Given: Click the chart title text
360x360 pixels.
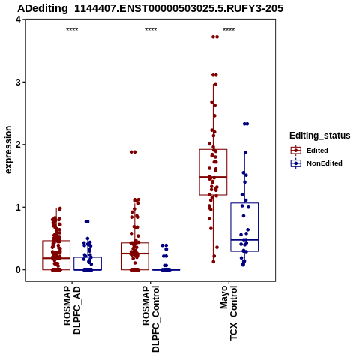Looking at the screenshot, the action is coord(151,8).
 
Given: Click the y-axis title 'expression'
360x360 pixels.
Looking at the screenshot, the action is coord(8,150).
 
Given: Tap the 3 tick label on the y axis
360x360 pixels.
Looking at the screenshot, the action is coord(18,82).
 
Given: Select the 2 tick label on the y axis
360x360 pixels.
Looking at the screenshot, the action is coord(18,145).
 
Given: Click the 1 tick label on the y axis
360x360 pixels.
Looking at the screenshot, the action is coord(18,207).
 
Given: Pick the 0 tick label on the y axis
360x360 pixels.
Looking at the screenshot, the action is coord(18,270).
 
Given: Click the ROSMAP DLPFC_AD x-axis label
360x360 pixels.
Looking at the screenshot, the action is coord(72,310).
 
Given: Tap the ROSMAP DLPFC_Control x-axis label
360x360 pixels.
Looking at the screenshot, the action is coord(151,319).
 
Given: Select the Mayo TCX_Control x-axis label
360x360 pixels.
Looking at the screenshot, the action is coord(229,313).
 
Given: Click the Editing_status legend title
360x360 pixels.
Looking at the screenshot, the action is coord(320,136).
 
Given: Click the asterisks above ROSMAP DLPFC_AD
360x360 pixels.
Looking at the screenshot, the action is coord(72,30).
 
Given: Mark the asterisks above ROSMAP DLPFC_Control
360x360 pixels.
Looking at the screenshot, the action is coord(151,30).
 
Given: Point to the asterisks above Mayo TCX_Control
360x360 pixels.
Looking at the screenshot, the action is coord(229,30).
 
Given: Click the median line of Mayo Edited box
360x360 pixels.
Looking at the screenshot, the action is coord(213,177).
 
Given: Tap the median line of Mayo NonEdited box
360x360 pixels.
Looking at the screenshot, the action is coord(244,240).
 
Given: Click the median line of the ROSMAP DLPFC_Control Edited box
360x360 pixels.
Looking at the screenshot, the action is coord(135,253).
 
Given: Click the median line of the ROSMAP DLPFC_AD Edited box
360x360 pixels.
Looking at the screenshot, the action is coord(56,258).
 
